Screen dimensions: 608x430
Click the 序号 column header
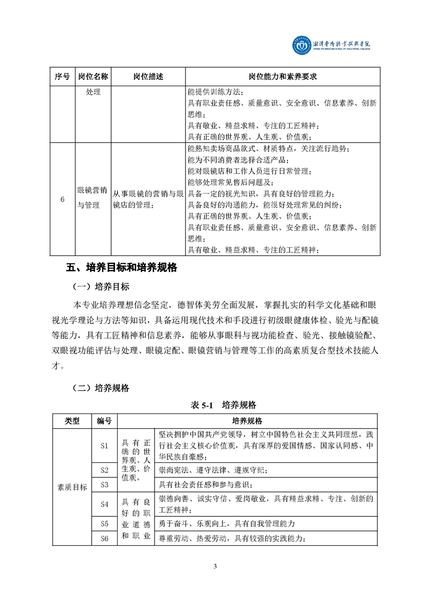62,77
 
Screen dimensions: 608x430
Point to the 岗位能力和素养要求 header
282,77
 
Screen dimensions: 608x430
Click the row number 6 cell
62,199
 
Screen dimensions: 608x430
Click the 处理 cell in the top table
93,92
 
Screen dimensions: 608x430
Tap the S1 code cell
105,445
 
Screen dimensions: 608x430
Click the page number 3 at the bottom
215,567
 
